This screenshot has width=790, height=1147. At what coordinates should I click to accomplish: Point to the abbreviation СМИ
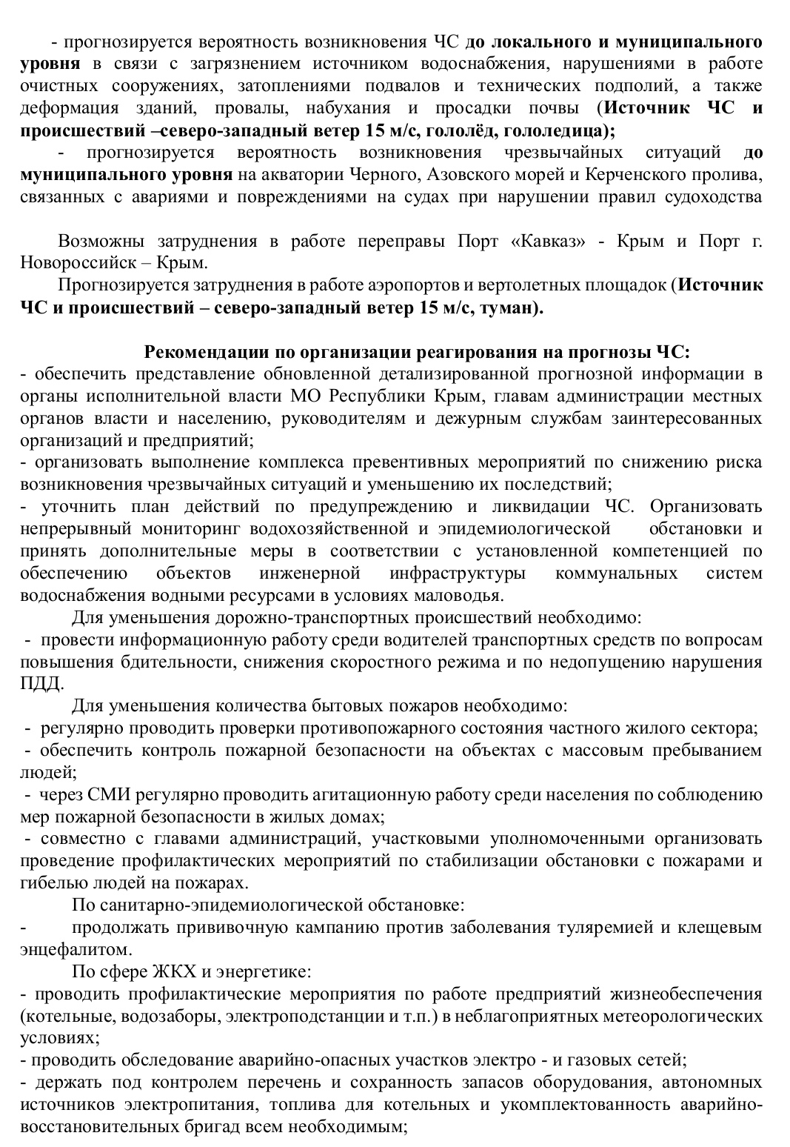pos(112,794)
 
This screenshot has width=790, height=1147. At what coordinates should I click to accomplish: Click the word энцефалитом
pos(67,949)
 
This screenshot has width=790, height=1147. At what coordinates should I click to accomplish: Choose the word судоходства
pos(709,197)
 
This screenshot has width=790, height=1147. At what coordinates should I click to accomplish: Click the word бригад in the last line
pos(178,1127)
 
